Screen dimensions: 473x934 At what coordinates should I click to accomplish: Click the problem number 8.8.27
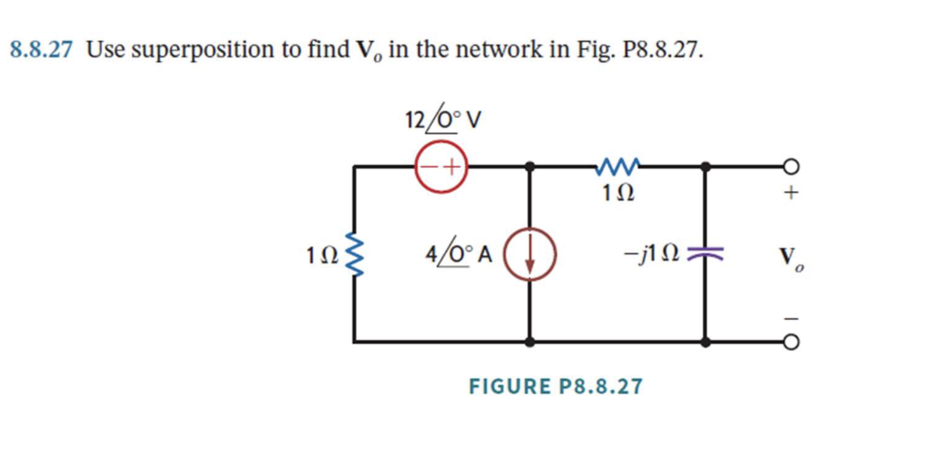point(42,50)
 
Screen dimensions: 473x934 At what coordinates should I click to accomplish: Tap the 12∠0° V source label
point(443,119)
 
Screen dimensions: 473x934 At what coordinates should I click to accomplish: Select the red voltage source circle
point(441,168)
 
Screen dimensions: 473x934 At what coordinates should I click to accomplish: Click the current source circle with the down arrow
point(529,253)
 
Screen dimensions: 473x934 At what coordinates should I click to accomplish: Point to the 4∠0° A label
point(458,254)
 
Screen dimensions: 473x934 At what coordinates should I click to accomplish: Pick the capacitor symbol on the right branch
point(706,254)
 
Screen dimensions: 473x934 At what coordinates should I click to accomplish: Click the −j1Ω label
point(657,254)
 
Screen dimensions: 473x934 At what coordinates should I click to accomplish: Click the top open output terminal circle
point(791,168)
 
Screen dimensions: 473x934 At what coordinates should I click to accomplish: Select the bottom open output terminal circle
point(791,343)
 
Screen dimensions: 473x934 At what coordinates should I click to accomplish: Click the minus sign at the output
point(791,317)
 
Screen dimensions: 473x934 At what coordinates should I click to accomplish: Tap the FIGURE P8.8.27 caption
point(555,386)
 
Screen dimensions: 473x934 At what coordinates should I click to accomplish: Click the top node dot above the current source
point(530,168)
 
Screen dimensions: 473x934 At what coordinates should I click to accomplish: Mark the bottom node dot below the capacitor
point(706,343)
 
